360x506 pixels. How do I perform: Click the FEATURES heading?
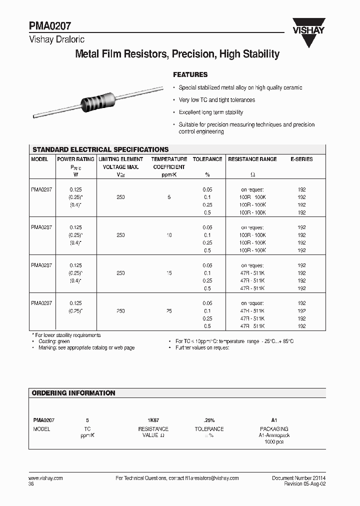pos(190,74)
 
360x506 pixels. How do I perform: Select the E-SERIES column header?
pos(301,159)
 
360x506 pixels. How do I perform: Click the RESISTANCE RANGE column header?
pos(252,159)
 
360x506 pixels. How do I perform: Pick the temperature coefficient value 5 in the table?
pos(169,197)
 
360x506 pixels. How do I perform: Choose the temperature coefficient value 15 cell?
pos(169,273)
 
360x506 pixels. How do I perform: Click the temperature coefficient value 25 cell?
pos(169,311)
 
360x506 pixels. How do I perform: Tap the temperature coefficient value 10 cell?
pos(169,235)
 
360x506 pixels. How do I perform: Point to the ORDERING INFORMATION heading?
pos(73,393)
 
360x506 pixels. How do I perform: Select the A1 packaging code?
pos(274,420)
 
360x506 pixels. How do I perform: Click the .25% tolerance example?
pos(209,420)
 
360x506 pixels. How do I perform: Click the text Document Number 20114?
pos(298,478)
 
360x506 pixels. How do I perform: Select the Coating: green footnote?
pos(55,341)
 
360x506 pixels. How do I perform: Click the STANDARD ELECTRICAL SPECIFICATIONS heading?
pos(100,149)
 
